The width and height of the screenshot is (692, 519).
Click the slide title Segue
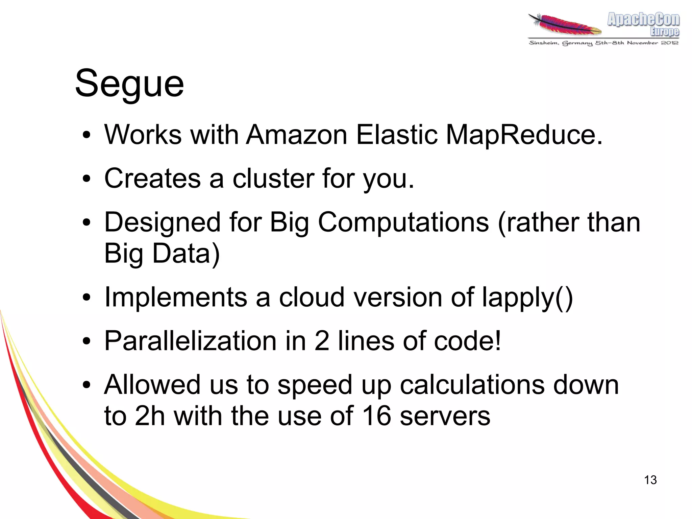[x=129, y=84]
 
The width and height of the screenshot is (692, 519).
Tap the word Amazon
[x=297, y=135]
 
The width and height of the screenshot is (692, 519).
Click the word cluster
[x=273, y=178]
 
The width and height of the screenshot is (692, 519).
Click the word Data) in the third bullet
[x=186, y=254]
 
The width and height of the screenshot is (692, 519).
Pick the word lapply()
[x=527, y=298]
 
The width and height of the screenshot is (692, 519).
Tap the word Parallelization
[x=191, y=341]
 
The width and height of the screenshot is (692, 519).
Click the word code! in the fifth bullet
[x=467, y=341]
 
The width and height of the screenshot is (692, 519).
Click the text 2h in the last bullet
[x=150, y=416]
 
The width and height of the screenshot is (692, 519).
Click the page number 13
[x=650, y=480]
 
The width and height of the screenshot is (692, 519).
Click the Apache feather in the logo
[x=565, y=25]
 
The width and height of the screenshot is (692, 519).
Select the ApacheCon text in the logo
[x=643, y=19]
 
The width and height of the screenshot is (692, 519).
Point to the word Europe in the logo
[x=664, y=32]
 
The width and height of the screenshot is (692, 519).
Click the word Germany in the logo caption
[x=577, y=43]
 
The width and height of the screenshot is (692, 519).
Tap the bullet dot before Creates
[x=86, y=179]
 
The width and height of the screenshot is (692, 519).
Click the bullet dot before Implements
[x=86, y=298]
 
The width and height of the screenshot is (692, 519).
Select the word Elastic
[x=397, y=135]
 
